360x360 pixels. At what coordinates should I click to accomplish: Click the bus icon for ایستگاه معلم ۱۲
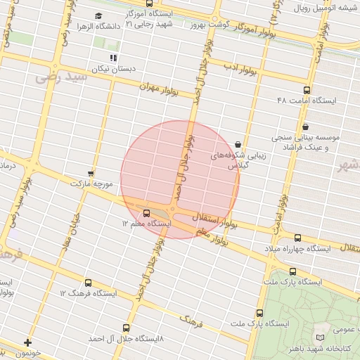coord(146,212)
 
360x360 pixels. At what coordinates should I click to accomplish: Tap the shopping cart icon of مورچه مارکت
coord(91,173)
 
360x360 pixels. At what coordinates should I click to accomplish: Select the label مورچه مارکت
coord(91,184)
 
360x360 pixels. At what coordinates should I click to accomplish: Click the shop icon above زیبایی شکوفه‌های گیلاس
coord(238,145)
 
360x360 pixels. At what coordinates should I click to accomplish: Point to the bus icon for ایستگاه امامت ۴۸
coord(307,90)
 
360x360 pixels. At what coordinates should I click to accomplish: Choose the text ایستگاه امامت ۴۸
coord(307,101)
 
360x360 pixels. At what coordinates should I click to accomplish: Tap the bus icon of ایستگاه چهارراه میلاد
coord(297,238)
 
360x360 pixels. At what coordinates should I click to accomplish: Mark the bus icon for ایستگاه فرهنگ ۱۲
coord(88,282)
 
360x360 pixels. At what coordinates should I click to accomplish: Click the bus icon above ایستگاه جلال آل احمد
coord(127,328)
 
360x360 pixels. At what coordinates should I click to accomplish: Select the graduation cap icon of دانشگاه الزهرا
coord(98,15)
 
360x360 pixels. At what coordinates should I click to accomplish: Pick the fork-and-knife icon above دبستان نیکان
coord(112,58)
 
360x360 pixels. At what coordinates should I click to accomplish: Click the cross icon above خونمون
coord(27,342)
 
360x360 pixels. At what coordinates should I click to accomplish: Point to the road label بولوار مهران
coord(160,89)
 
